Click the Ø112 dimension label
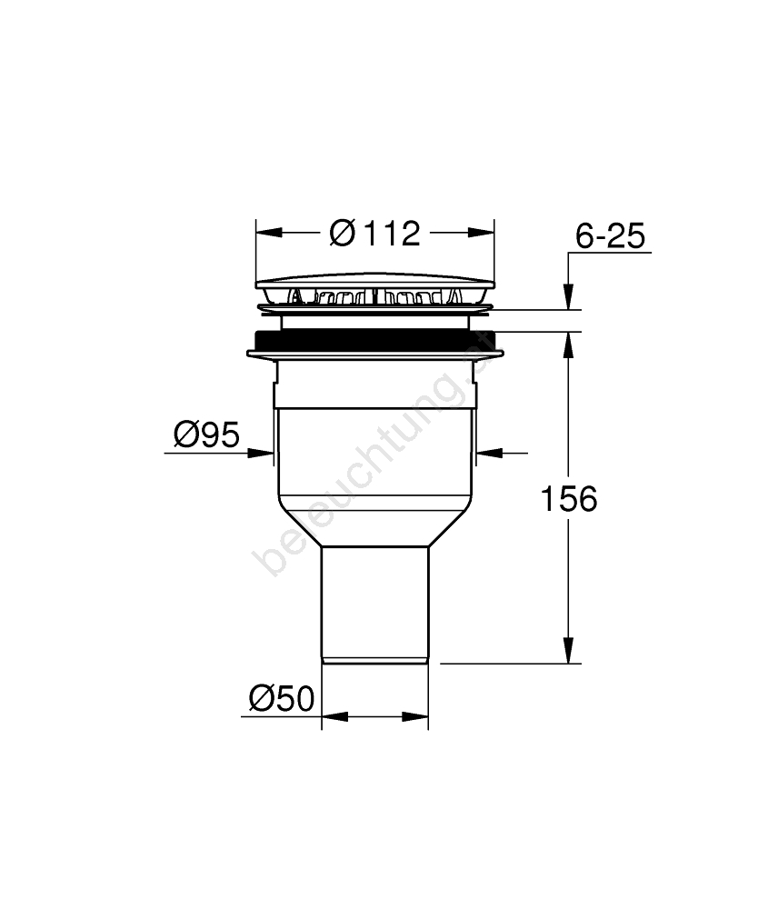374,234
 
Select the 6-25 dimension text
610,236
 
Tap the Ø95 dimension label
206,435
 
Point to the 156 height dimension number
569,498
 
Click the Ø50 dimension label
282,698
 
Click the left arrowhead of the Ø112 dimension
269,233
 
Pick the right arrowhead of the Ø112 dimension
482,233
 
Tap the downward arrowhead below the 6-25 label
569,297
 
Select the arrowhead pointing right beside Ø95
260,453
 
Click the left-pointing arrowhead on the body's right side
489,452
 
